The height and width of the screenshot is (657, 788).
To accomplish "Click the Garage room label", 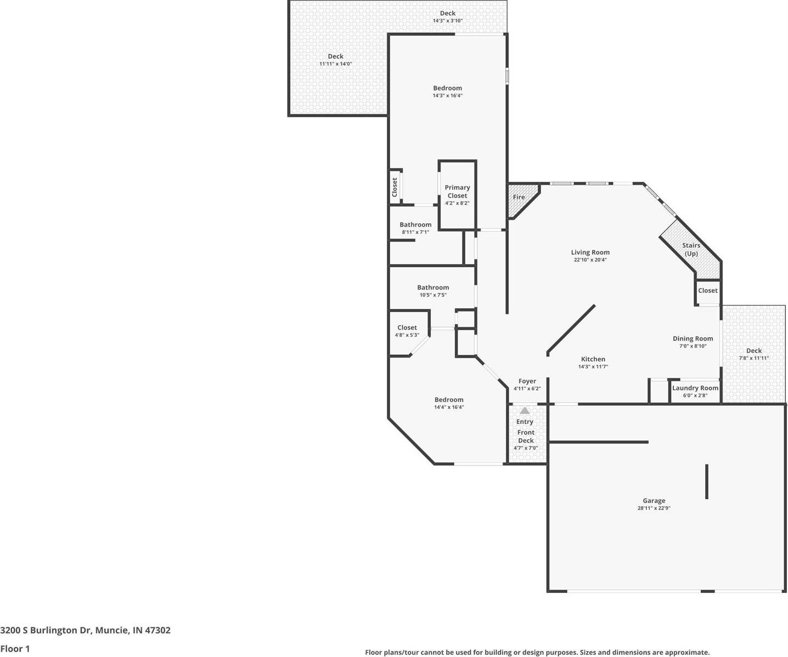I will (654, 501).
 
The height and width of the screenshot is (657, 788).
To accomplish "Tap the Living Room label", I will (590, 252).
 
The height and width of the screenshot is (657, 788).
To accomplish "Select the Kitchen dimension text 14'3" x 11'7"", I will (593, 367).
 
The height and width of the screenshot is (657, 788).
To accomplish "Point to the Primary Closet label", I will (457, 191).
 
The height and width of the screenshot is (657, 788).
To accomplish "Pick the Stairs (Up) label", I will (691, 250).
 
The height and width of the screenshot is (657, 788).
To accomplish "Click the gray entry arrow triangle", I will (525, 410).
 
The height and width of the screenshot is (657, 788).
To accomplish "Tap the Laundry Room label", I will (695, 388).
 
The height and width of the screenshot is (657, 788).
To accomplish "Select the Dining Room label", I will (693, 338).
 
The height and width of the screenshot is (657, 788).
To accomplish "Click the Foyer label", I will (527, 381).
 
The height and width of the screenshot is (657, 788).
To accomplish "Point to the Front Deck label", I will (526, 437).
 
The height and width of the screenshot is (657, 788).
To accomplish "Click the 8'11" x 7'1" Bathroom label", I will (415, 224).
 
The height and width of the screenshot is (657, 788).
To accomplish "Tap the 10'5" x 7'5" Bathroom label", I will (433, 287).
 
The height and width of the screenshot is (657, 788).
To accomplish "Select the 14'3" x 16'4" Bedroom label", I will (447, 88).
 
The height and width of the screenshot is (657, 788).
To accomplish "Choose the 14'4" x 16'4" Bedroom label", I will (449, 400).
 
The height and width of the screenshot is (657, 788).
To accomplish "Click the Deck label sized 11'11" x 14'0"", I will (335, 56).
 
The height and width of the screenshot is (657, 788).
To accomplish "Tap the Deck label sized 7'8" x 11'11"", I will (753, 350).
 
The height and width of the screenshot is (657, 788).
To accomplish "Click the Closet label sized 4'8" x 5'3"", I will (407, 327).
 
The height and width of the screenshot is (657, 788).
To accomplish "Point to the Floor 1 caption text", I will (15, 649).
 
